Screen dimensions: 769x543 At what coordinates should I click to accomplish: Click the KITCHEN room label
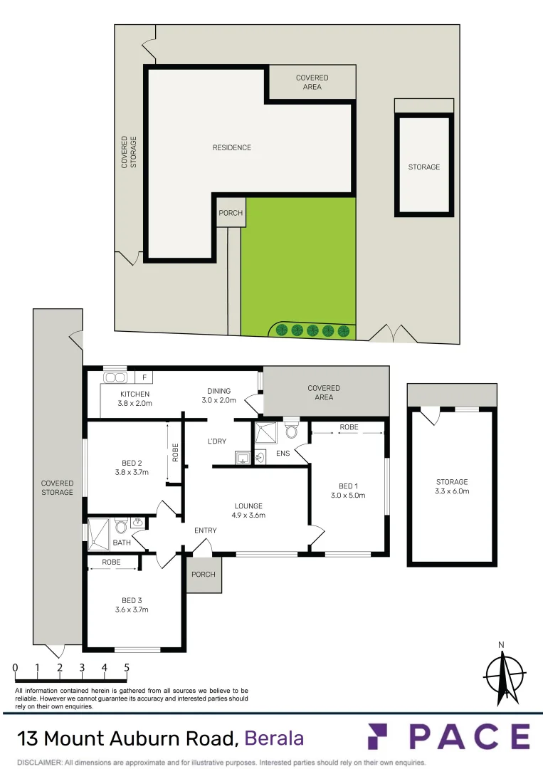[x=135, y=394]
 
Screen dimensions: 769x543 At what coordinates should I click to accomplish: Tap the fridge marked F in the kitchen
[x=144, y=377]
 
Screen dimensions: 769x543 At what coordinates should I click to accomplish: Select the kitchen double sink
[x=115, y=377]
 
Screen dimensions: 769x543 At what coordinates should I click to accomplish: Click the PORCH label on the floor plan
[x=203, y=574]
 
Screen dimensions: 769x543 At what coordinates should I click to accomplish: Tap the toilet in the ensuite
[x=290, y=430]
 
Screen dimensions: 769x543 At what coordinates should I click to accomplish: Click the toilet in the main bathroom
[x=121, y=527]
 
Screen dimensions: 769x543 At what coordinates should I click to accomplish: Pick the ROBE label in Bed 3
[x=111, y=563]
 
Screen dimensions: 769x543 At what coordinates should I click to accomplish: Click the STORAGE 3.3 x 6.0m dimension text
[x=452, y=491]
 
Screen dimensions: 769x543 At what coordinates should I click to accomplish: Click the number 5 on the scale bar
[x=127, y=668]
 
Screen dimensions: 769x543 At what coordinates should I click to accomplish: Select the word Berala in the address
[x=274, y=738]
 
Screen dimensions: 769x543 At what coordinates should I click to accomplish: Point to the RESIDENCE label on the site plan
[x=232, y=147]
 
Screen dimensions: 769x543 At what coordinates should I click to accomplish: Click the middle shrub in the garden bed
[x=312, y=330]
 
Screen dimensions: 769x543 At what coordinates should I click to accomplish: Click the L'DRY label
[x=217, y=441]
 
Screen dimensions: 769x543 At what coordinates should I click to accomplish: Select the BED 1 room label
[x=347, y=486]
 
